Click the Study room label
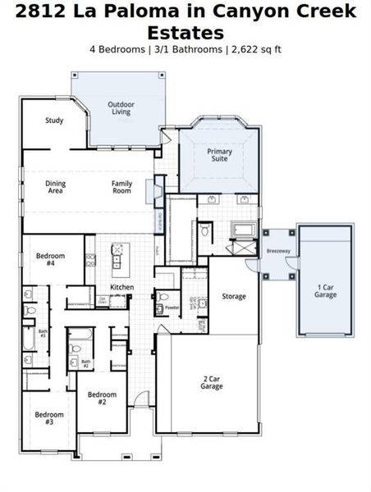(54, 121)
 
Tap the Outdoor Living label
(121, 107)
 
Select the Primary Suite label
(219, 156)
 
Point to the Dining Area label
(55, 187)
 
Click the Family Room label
(121, 187)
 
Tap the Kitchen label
(122, 287)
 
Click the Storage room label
(233, 296)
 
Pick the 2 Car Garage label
(212, 382)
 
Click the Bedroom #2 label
(103, 399)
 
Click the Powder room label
(172, 308)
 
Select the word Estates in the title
(185, 33)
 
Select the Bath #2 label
(85, 362)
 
